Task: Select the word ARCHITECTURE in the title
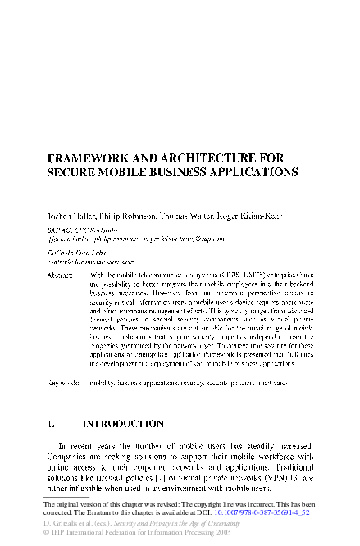pyautogui.click(x=215, y=158)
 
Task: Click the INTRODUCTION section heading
pyautogui.click(x=124, y=424)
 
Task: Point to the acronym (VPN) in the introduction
pyautogui.click(x=277, y=475)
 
